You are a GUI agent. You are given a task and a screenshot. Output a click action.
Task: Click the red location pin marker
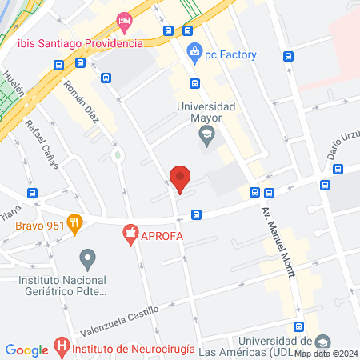coord(181,178)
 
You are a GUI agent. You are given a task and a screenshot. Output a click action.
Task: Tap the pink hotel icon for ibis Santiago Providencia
coord(123,20)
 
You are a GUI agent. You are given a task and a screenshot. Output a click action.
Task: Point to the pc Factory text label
coord(233,54)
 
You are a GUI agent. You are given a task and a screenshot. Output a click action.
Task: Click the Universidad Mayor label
coord(206,113)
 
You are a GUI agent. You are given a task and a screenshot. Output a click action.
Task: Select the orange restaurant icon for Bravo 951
coord(75,224)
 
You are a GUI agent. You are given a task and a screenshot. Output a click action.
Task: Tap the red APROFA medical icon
coord(128,235)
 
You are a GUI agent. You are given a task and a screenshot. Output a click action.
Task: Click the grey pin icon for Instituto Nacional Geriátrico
coord(88,258)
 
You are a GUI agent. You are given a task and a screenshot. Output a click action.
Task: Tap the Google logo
coord(27,350)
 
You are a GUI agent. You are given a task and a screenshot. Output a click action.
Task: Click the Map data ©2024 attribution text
coord(326,354)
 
